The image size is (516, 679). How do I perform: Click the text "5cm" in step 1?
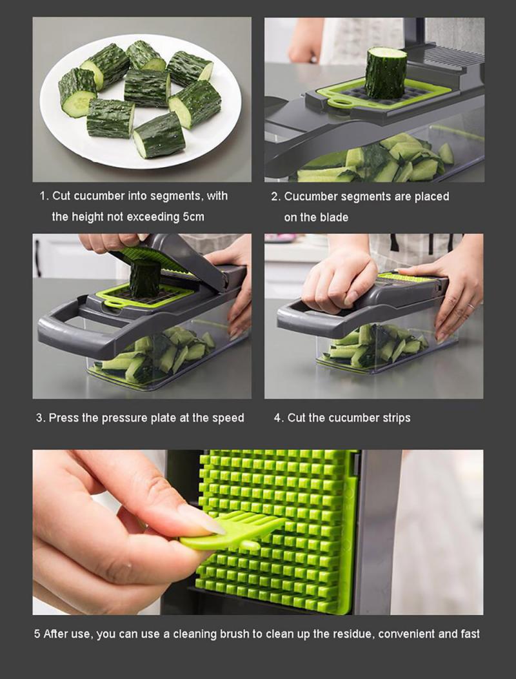[x=193, y=217]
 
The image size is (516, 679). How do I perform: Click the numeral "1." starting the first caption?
[x=44, y=196]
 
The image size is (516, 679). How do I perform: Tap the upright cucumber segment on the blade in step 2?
[x=386, y=72]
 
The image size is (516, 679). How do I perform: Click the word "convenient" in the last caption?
[x=407, y=634]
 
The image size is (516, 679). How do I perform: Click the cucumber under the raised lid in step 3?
[x=146, y=278]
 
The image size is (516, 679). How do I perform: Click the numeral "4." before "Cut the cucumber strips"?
[x=279, y=418]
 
